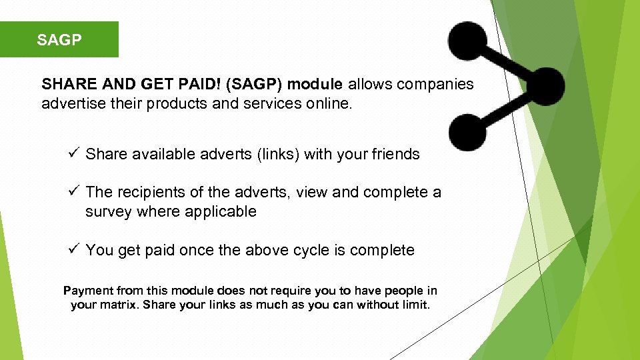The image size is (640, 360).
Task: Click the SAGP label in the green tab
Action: (x=59, y=40)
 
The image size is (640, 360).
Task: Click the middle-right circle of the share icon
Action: (x=545, y=86)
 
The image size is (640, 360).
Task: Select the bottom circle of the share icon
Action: (x=467, y=131)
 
